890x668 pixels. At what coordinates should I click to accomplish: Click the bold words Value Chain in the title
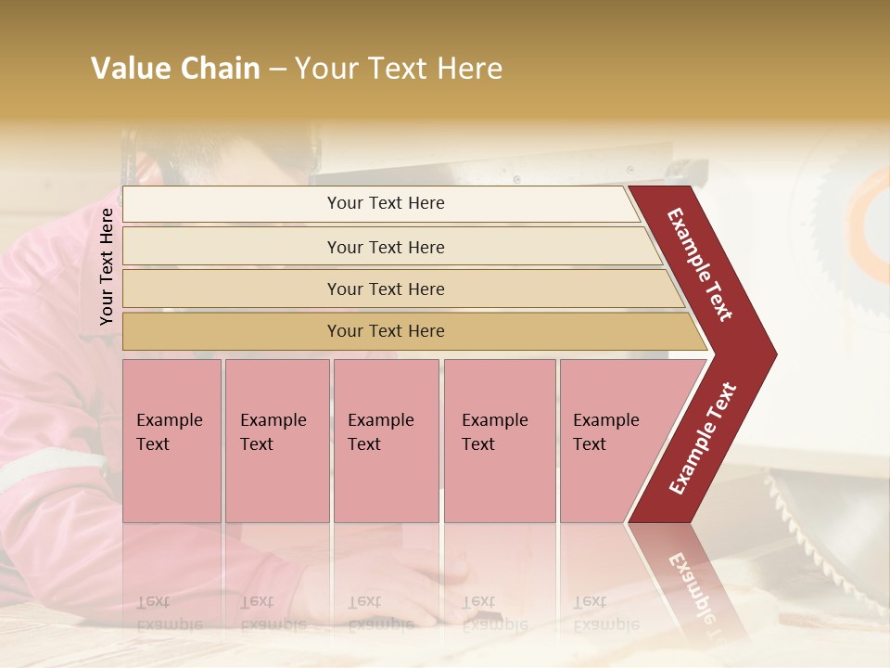coord(175,69)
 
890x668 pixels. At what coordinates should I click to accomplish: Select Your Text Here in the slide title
coord(399,69)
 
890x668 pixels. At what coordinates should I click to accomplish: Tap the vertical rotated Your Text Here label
coord(107,266)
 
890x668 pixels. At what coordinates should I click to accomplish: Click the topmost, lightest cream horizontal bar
coord(386,203)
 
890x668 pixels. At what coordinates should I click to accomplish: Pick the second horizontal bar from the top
coord(386,247)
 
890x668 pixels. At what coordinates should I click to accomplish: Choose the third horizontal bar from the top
coord(386,289)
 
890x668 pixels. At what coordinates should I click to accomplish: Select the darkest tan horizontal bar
coord(386,331)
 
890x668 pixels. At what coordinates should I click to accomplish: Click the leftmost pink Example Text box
coord(172,441)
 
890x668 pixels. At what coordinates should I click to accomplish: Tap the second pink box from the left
coord(276,441)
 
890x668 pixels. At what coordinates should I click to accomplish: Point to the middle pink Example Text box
coord(386,441)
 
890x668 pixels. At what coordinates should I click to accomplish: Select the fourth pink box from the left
coord(499,441)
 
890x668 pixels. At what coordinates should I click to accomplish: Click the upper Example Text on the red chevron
coord(700,263)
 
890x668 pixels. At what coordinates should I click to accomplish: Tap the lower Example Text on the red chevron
coord(703,439)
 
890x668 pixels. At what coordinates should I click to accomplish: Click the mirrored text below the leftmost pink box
coord(169,612)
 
